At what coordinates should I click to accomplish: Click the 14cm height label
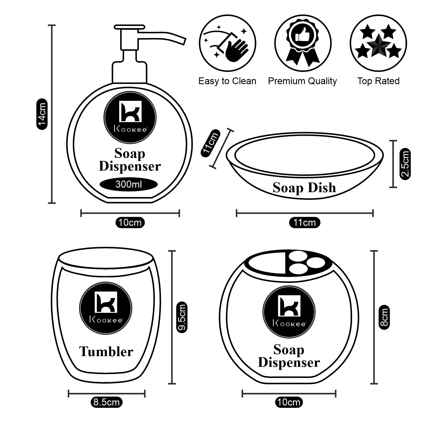coord(42,114)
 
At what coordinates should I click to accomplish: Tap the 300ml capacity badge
coord(129,184)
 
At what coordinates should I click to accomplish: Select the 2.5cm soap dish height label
coord(405,164)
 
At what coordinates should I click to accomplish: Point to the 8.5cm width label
coord(106,403)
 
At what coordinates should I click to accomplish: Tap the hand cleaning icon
coord(228,44)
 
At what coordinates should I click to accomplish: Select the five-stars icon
coord(378,44)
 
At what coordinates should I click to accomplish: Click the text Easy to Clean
coord(227,81)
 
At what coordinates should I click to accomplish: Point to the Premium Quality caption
coord(302,81)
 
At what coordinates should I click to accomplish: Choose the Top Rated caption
coord(378,81)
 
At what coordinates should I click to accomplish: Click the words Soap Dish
coord(304,188)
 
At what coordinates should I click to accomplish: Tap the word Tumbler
coord(106,352)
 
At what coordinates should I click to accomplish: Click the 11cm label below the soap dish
coord(305,222)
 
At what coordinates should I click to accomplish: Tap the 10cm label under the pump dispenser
coord(130,222)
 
